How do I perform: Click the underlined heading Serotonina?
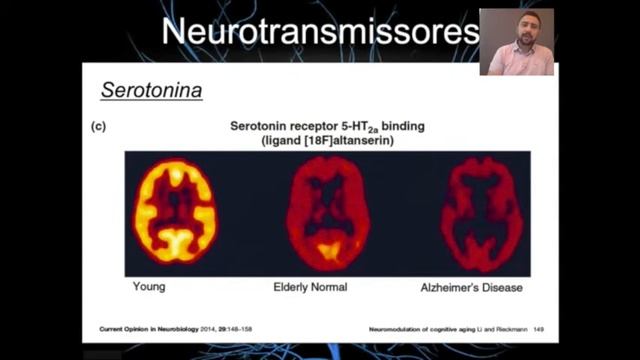point(151,91)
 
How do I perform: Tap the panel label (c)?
point(99,126)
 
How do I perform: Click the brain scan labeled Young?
point(176,213)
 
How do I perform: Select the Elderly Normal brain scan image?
point(327,212)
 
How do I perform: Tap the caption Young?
point(148,287)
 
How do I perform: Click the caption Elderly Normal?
point(310,287)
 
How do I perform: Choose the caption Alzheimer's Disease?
point(471,287)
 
